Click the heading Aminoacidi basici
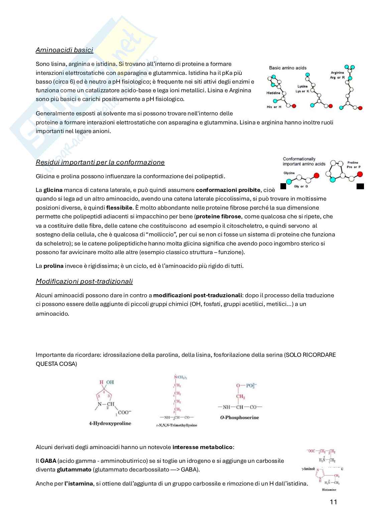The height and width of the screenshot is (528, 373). (x=64, y=50)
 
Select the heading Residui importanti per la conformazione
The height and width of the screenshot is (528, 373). (x=100, y=162)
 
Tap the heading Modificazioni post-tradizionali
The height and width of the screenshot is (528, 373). (x=84, y=281)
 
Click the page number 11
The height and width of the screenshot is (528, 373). (x=333, y=502)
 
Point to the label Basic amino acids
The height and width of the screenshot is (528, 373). (x=287, y=68)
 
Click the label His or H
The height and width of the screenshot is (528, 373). (x=274, y=107)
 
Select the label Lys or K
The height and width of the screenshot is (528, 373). (x=302, y=91)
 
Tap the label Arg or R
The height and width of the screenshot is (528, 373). (x=337, y=77)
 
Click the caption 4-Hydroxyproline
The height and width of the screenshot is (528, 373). (x=110, y=423)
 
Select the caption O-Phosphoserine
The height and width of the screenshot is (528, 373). (x=239, y=417)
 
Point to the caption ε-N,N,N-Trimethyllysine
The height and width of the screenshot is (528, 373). (x=176, y=425)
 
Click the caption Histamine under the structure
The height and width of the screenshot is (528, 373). (x=329, y=490)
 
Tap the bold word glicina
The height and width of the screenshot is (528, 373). (x=53, y=190)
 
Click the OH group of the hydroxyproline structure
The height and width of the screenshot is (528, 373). (x=110, y=382)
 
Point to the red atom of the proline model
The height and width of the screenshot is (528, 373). (x=360, y=174)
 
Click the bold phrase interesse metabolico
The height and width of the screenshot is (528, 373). (x=203, y=447)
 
